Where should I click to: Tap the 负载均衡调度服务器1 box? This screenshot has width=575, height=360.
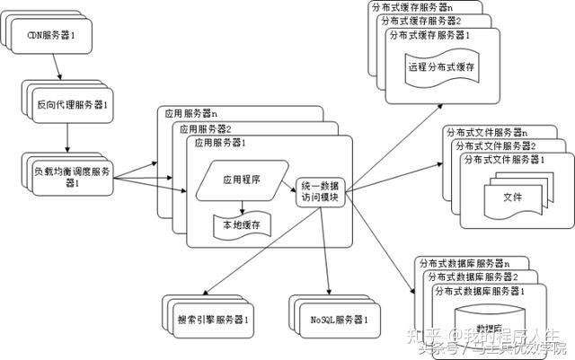pos(70,176)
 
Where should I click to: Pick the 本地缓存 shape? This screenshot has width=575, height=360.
pos(240,225)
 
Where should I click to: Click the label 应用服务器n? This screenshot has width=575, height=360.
pos(192,113)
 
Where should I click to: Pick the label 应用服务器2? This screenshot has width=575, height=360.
pos(205,127)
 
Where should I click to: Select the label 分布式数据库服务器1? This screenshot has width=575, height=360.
pos(479,293)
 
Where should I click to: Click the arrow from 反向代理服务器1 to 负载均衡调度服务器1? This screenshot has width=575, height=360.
pos(68,137)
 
